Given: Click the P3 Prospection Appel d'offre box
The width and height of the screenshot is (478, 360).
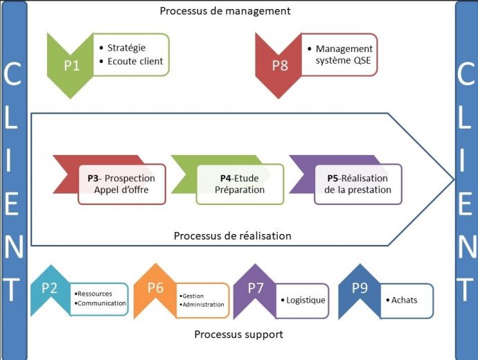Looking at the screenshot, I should click(x=121, y=184).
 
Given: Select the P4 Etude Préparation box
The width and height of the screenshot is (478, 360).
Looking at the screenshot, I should click(x=239, y=184).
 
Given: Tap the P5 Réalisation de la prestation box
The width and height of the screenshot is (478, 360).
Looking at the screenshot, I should click(x=357, y=184).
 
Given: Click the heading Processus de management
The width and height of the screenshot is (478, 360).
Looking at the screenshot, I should click(x=224, y=11).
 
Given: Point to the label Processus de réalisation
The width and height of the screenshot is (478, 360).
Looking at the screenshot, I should click(x=232, y=236).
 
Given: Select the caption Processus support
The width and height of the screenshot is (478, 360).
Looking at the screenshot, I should click(x=238, y=334).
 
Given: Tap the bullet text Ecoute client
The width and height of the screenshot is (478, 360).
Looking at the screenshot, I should click(x=135, y=61).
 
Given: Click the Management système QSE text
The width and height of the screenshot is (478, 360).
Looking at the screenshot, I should click(x=344, y=54).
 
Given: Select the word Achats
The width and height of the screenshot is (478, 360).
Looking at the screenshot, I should click(x=405, y=300).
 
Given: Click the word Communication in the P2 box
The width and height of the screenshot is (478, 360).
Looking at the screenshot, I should click(x=101, y=303).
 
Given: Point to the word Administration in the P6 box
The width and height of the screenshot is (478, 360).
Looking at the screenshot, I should click(x=203, y=305).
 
